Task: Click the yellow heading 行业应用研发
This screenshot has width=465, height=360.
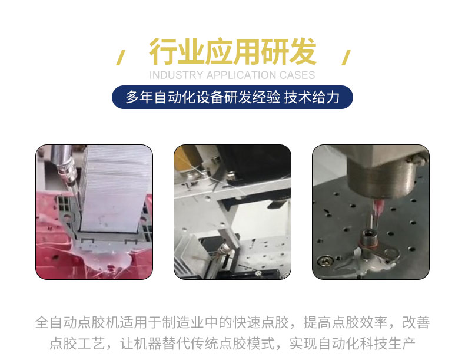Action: coord(232,52)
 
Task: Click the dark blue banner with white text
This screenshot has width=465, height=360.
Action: coord(232,97)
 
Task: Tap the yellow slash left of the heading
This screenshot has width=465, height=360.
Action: coord(121,58)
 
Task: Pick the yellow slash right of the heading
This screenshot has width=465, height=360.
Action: coord(346,58)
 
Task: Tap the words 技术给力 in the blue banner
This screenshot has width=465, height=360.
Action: coord(312,97)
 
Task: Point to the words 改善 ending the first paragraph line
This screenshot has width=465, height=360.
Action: coord(416,322)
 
